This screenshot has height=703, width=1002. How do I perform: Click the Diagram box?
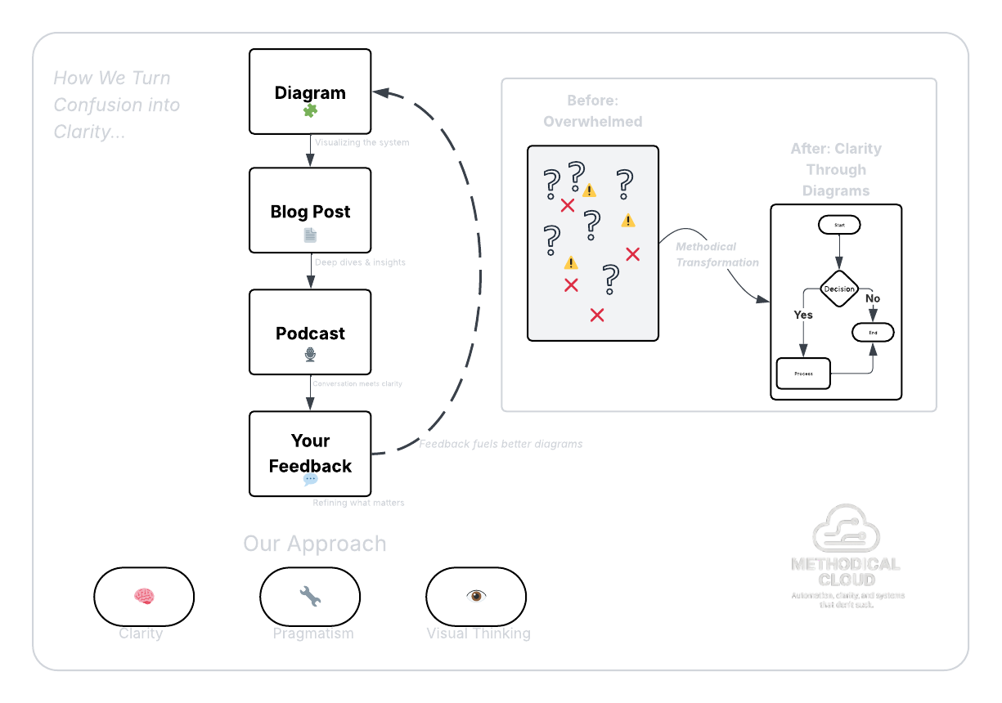pyautogui.click(x=310, y=92)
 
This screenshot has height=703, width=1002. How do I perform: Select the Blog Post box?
pyautogui.click(x=310, y=210)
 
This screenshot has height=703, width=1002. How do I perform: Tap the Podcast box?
pyautogui.click(x=310, y=332)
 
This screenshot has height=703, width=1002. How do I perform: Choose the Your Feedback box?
pyautogui.click(x=310, y=453)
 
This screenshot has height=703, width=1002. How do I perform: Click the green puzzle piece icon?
pyautogui.click(x=310, y=110)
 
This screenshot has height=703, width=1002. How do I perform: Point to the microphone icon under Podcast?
pyautogui.click(x=310, y=354)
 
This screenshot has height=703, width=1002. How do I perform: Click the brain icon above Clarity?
pyautogui.click(x=144, y=597)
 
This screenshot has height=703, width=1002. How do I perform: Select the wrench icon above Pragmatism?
pyautogui.click(x=310, y=597)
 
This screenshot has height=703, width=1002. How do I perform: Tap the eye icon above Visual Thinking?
pyautogui.click(x=476, y=596)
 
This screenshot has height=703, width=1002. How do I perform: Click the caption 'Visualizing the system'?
pyautogui.click(x=362, y=142)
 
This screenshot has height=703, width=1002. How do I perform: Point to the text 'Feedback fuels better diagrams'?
pyautogui.click(x=501, y=444)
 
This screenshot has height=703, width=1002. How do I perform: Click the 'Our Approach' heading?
pyautogui.click(x=315, y=544)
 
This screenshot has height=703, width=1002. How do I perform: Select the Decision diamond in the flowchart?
pyautogui.click(x=839, y=289)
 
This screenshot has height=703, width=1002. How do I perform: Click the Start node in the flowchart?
pyautogui.click(x=839, y=224)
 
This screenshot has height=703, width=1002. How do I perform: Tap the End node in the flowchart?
pyautogui.click(x=873, y=333)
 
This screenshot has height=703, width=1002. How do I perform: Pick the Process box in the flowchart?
pyautogui.click(x=803, y=374)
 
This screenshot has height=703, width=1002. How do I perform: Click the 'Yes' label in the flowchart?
pyautogui.click(x=803, y=315)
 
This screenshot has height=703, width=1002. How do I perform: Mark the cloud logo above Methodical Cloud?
pyautogui.click(x=846, y=529)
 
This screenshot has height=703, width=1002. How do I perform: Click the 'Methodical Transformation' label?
pyautogui.click(x=717, y=254)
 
